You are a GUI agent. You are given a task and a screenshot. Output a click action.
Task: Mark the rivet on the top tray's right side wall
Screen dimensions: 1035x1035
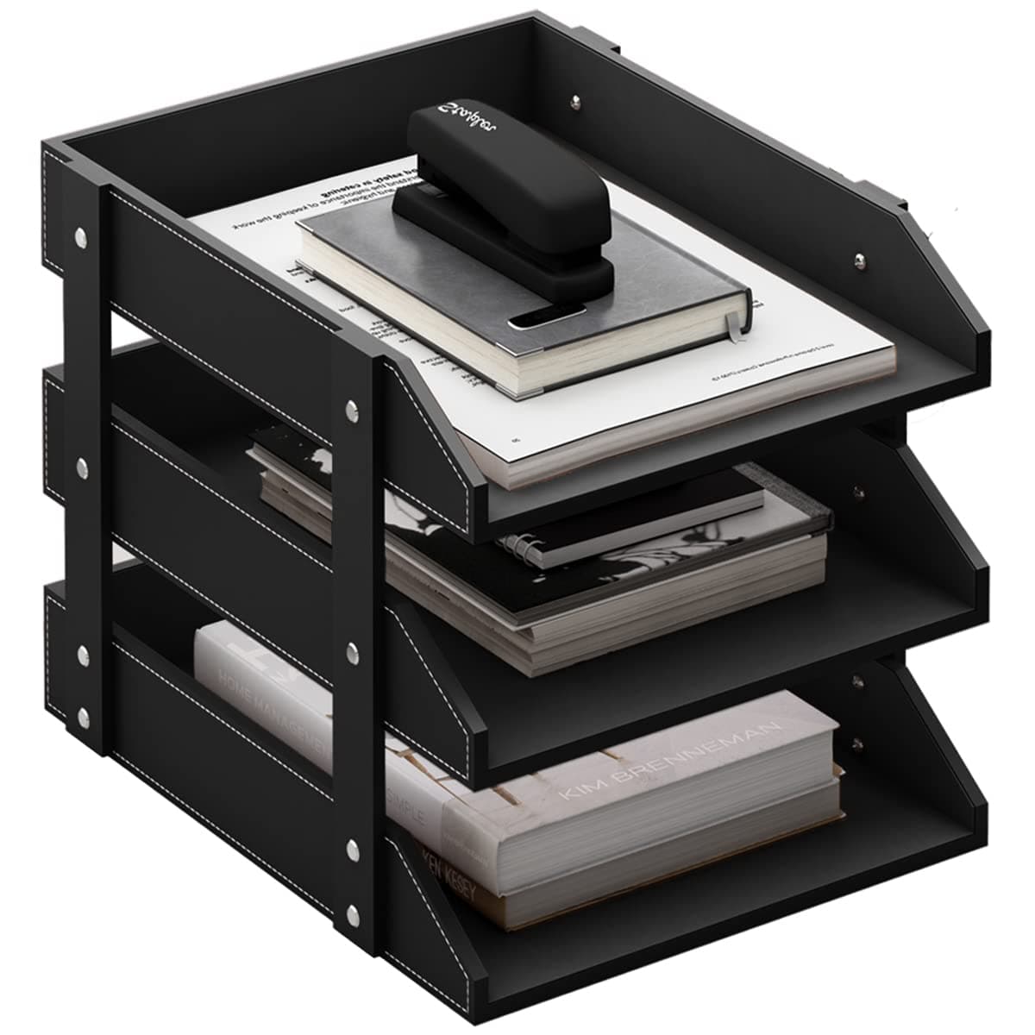tap(859, 258)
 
